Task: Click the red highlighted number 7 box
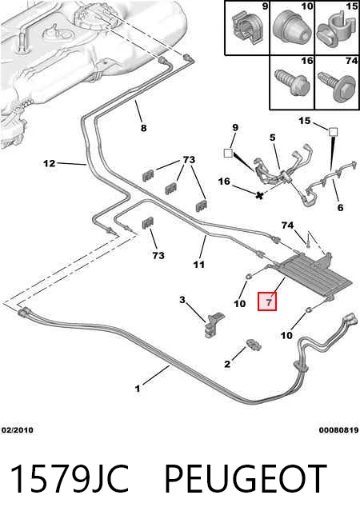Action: tap(267, 301)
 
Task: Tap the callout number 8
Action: tap(143, 128)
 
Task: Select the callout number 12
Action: tap(50, 163)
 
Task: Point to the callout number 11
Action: tap(199, 265)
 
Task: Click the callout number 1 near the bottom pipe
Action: tap(138, 389)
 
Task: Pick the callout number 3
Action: tap(182, 300)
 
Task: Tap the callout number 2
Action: tap(227, 364)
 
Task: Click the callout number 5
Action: tap(273, 138)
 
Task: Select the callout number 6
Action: tap(340, 207)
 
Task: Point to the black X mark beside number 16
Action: tap(259, 195)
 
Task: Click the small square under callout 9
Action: tap(228, 153)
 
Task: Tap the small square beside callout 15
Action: tap(333, 132)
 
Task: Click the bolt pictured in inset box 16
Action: tap(290, 82)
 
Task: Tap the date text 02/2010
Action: tap(18, 430)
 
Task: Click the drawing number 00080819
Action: tap(338, 430)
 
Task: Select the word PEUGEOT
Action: tap(246, 479)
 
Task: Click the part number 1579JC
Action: tap(70, 479)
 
